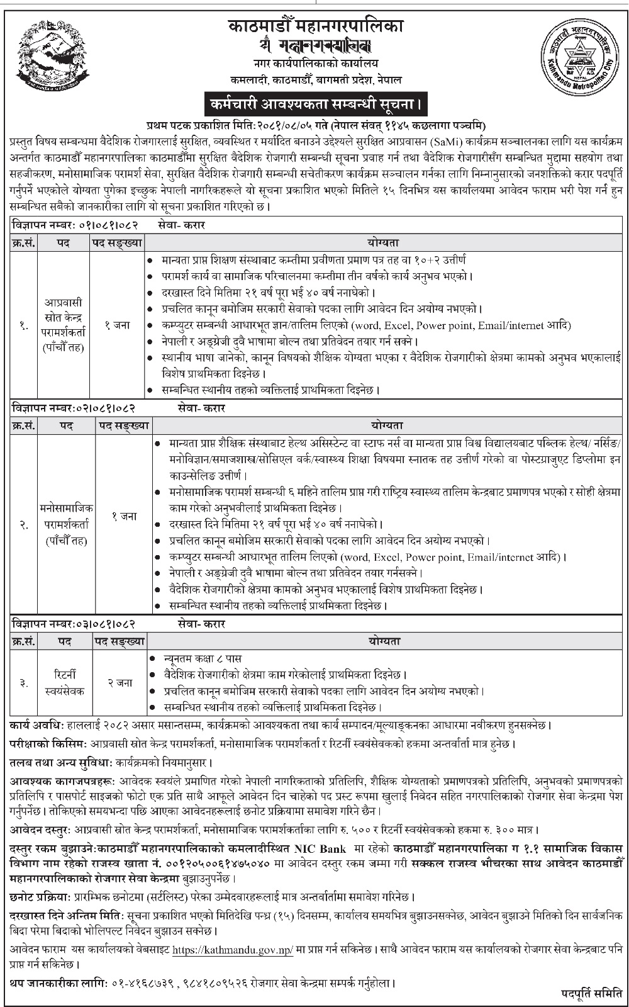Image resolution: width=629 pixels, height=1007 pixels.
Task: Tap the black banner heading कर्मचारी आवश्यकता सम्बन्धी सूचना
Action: pos(314,102)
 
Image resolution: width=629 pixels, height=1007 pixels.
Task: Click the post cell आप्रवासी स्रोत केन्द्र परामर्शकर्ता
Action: pos(63,325)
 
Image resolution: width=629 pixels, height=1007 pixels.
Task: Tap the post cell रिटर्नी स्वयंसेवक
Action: pos(65,682)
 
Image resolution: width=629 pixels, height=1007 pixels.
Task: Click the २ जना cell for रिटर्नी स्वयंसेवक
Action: pos(119,682)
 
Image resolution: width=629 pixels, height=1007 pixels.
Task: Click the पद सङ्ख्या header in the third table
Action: pos(119,641)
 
